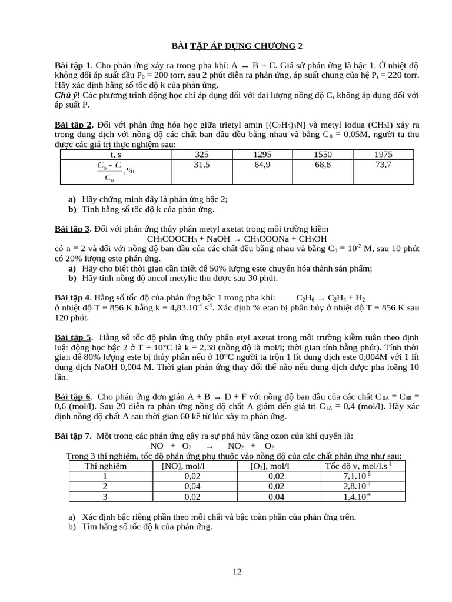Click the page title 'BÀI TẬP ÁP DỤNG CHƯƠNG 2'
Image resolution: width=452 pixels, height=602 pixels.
[x=237, y=46]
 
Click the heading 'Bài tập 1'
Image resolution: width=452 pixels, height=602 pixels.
[x=72, y=65]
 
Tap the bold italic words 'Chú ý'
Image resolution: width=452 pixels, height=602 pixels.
[x=66, y=95]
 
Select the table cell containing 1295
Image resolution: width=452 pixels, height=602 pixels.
[x=262, y=155]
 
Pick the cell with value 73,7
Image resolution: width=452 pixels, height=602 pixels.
[x=383, y=165]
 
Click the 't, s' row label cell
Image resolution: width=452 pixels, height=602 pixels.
[x=116, y=155]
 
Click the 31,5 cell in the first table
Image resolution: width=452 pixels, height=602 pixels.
[x=202, y=165]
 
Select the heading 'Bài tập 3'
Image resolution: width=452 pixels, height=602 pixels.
[x=72, y=229]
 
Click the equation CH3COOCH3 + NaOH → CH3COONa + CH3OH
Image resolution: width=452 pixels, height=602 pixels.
[x=237, y=239]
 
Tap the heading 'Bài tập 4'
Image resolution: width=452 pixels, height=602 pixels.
[x=72, y=298]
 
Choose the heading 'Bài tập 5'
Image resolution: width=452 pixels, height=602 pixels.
[x=72, y=337]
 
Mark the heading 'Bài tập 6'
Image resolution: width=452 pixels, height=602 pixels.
[x=72, y=397]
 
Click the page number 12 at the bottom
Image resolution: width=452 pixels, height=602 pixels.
[x=237, y=572]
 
